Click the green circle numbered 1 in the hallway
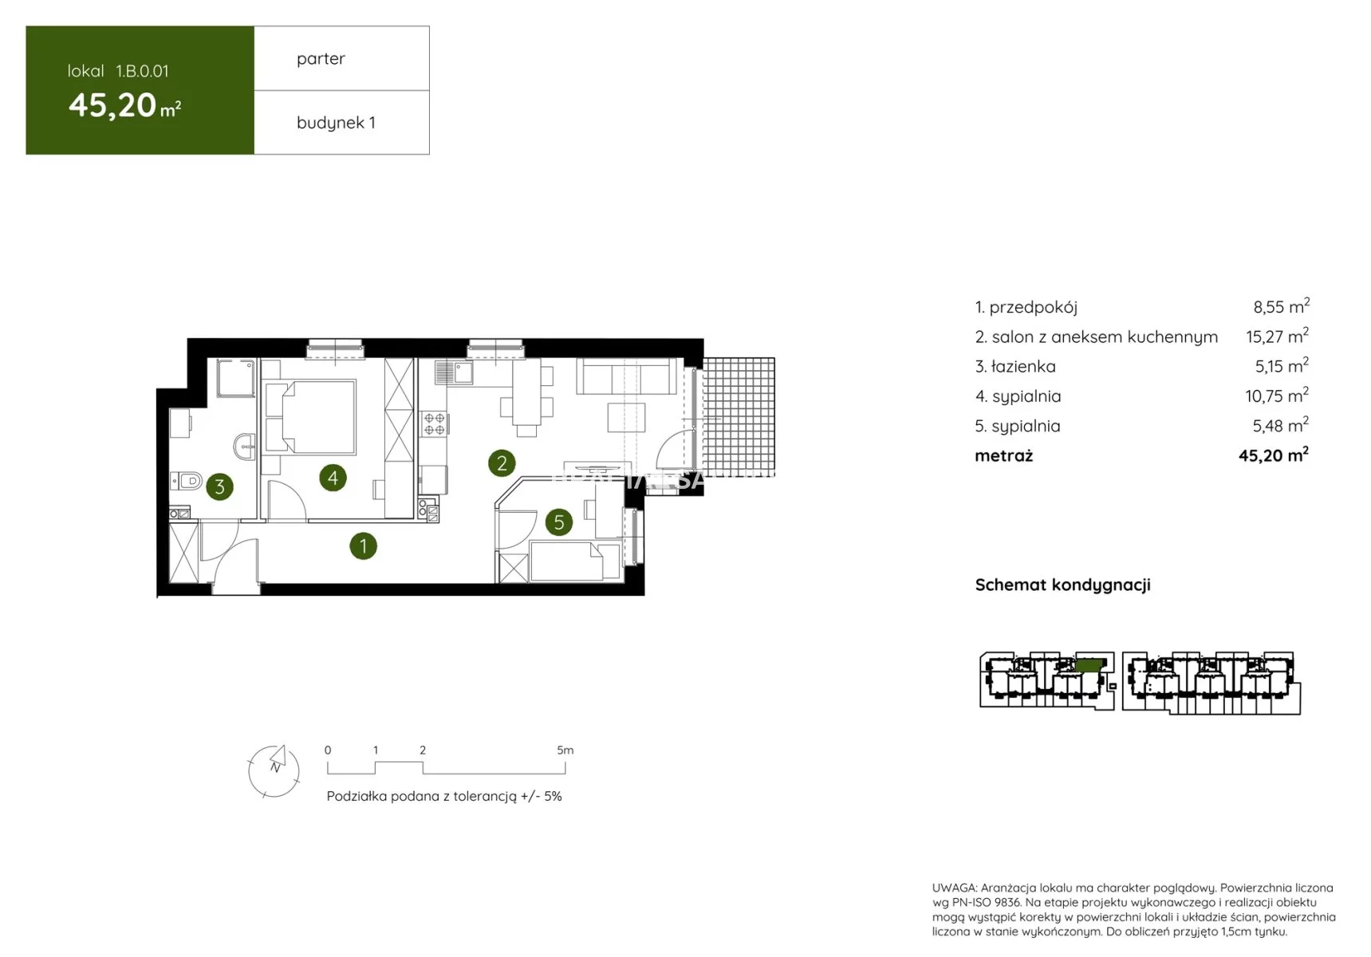[x=363, y=546]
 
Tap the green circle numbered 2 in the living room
[x=502, y=463]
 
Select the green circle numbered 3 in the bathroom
[x=220, y=486]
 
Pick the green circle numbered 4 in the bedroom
[x=333, y=478]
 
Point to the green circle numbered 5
[x=559, y=522]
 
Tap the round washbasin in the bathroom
[x=245, y=446]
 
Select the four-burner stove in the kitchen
[x=434, y=423]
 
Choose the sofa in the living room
[x=627, y=376]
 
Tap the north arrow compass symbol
[x=274, y=770]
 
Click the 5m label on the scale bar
[x=565, y=750]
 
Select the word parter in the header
[x=321, y=59]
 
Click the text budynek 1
[x=336, y=123]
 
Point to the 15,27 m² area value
[x=1277, y=336]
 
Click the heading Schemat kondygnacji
[x=1062, y=585]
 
